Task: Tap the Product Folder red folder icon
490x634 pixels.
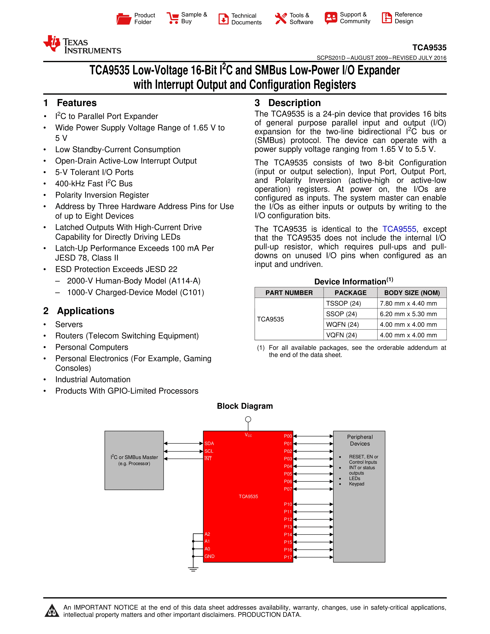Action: coord(124,19)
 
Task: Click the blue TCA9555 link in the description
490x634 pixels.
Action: coord(399,229)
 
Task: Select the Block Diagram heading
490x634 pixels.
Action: coord(245,406)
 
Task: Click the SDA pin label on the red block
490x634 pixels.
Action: coord(209,443)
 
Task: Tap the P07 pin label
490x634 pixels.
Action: coord(288,489)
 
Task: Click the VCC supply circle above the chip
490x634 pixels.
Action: coord(248,419)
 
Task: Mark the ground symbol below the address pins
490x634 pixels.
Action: coord(193,569)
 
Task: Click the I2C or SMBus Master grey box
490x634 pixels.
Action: coord(134,460)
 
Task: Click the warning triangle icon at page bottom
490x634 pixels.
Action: coord(52,611)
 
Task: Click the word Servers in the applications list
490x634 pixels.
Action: coord(69,324)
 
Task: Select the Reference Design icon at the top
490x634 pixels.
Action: coord(387,18)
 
